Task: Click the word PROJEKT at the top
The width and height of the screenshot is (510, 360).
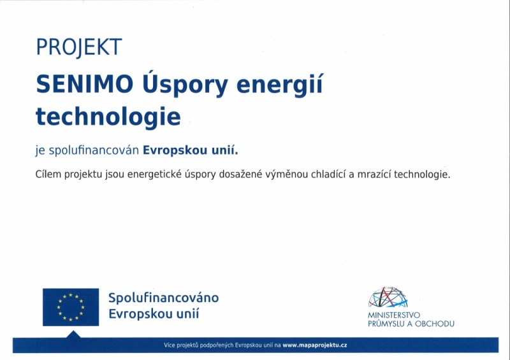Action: coord(79,47)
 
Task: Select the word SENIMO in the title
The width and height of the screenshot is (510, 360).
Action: coord(85,84)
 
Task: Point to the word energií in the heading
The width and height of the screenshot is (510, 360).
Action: coord(279,84)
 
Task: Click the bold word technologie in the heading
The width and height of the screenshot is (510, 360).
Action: coord(108,117)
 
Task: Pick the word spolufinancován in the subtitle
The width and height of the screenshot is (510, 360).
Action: coord(94,150)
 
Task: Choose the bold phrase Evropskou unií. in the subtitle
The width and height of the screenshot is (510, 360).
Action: coord(191,150)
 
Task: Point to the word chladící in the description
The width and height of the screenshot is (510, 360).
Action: coord(328,175)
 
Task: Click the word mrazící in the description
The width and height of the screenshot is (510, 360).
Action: coord(374,175)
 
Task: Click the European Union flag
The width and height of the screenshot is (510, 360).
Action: coord(71,307)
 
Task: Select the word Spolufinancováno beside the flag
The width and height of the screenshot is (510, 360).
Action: coord(164,298)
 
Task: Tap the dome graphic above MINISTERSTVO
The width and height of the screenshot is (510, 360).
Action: coord(388,297)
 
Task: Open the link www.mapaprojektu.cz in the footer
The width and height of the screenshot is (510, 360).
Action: coord(315,345)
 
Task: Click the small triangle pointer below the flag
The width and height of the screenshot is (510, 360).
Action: coord(73,335)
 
